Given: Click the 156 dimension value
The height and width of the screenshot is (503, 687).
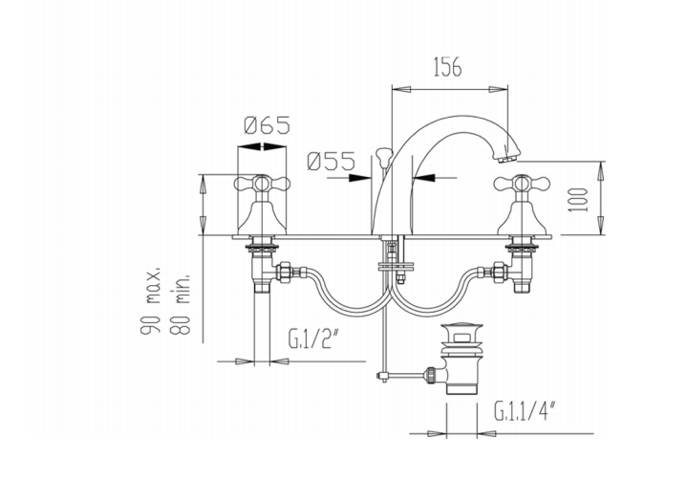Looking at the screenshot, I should coord(447,68).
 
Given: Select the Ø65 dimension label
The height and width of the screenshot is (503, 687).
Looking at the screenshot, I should coord(267,125).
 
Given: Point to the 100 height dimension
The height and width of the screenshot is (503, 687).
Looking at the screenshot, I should coord(575,200).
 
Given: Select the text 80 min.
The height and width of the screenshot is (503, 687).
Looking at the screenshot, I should coord(185,299).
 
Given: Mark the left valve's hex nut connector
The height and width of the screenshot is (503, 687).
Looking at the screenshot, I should coord(284,272).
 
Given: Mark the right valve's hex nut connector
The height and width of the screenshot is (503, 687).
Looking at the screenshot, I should coord(497,272).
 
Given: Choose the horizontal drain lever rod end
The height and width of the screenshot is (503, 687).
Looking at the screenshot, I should coord(382,375).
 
